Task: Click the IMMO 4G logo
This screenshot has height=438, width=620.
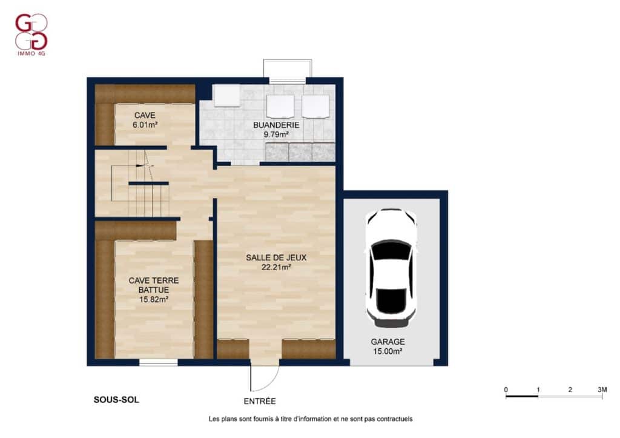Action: (x=31, y=35)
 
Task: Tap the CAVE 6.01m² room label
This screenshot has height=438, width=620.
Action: (x=145, y=120)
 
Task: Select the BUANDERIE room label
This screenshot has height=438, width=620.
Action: (x=276, y=125)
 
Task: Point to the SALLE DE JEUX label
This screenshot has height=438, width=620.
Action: (x=276, y=257)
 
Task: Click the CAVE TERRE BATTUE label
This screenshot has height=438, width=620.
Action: (x=154, y=285)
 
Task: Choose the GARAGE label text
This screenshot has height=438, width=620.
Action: (x=387, y=342)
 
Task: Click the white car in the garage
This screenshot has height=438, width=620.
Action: (x=391, y=268)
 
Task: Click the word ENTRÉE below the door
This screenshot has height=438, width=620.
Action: (x=260, y=401)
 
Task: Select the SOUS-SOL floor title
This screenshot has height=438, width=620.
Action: (x=116, y=400)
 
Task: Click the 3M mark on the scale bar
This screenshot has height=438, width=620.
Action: (x=602, y=390)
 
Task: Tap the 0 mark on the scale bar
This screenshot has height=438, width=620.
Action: (x=506, y=390)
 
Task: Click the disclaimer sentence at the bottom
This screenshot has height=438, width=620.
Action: (x=311, y=419)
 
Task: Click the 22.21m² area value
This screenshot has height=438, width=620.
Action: (x=276, y=267)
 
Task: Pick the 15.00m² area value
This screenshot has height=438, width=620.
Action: (x=387, y=351)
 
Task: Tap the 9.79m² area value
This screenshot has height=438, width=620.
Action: (x=276, y=134)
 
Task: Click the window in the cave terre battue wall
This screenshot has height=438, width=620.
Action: (x=158, y=362)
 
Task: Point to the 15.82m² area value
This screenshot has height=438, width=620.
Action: (x=154, y=299)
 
